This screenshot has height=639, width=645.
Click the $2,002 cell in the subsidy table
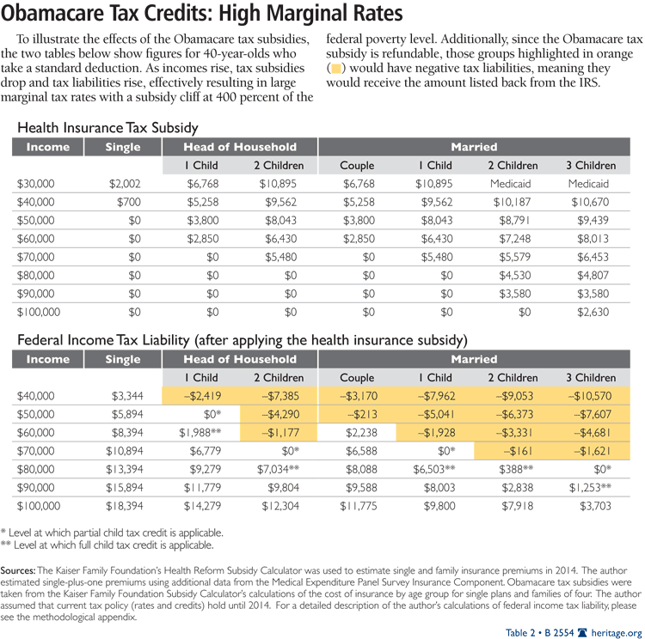pos(124,184)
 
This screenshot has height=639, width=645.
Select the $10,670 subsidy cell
pos(590,202)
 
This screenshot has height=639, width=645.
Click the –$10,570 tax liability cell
pos(590,396)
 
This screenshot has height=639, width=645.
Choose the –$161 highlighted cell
pos(518,451)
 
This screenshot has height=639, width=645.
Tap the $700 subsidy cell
pos(127,202)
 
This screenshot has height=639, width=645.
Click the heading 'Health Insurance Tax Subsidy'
pos(108,127)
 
